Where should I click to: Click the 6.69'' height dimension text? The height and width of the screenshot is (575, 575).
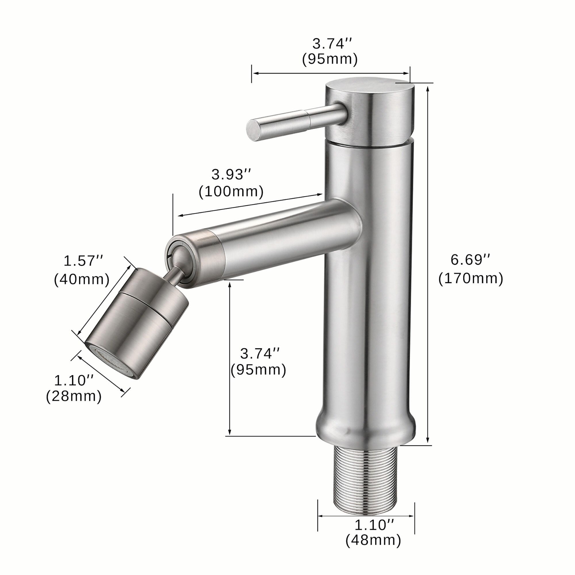pyautogui.click(x=470, y=260)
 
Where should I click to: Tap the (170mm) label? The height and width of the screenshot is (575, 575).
pyautogui.click(x=471, y=279)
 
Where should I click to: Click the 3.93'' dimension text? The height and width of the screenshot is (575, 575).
pyautogui.click(x=231, y=175)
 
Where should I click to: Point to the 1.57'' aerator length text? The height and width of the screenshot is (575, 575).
pyautogui.click(x=83, y=261)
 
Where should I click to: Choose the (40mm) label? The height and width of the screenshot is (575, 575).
pyautogui.click(x=82, y=279)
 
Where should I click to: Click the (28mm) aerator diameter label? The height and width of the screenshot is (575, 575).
pyautogui.click(x=74, y=396)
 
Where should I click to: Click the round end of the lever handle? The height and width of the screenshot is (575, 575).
pyautogui.click(x=253, y=131)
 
